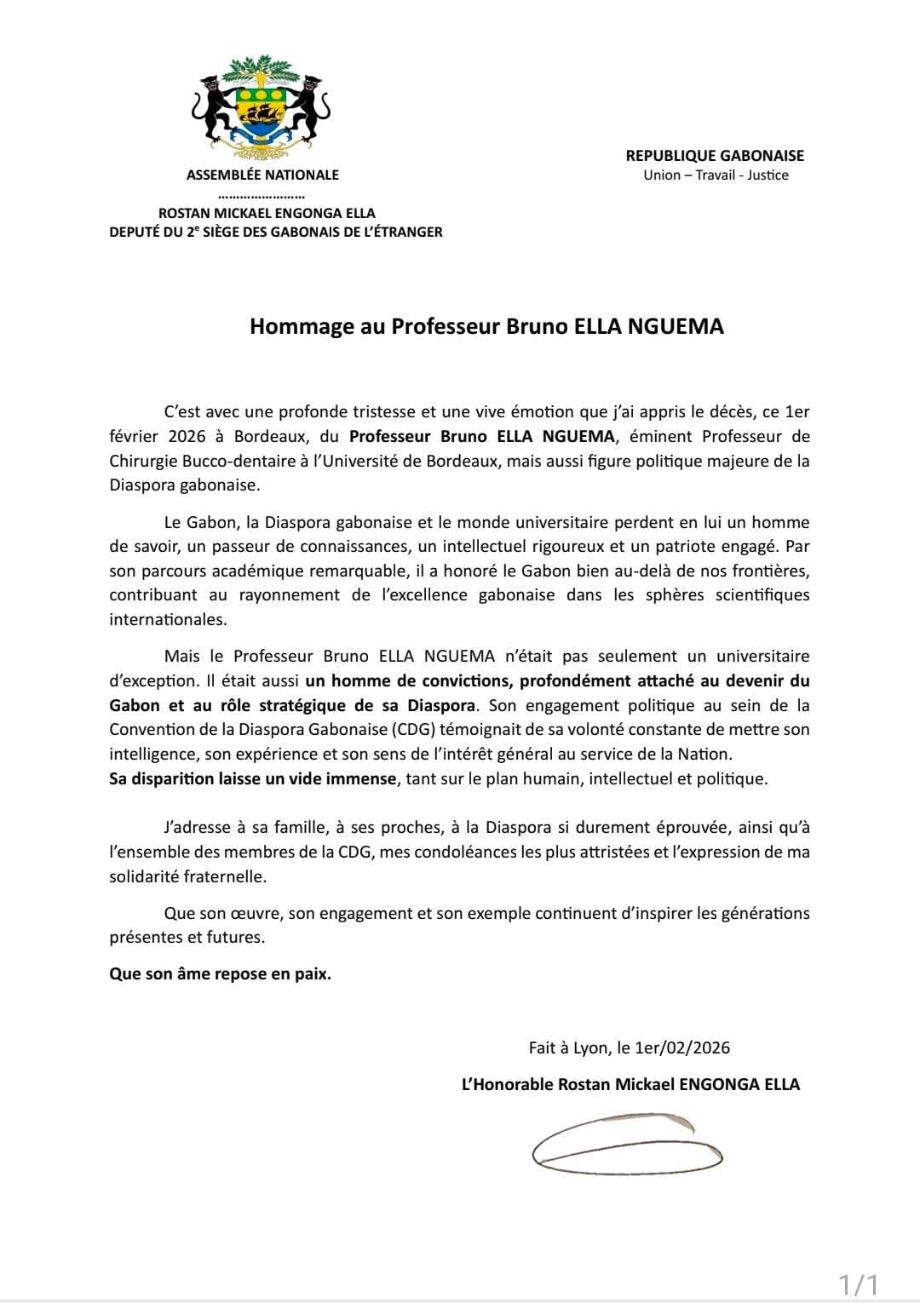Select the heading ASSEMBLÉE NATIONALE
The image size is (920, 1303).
click(262, 175)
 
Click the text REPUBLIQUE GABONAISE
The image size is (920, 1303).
click(715, 155)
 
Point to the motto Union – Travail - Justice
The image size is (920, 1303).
click(716, 175)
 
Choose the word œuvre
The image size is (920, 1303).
click(255, 913)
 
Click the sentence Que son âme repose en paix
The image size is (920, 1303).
click(220, 973)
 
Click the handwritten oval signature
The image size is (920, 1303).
click(627, 1141)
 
